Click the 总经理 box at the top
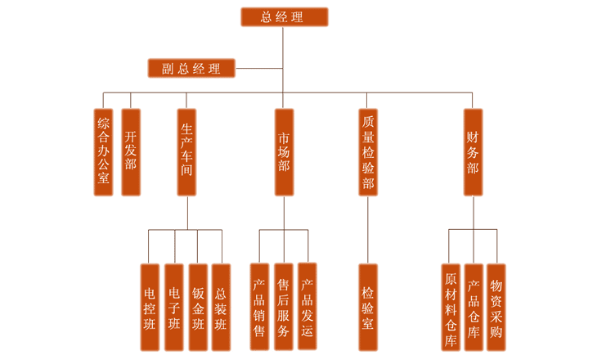click(284, 17)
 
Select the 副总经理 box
click(191, 68)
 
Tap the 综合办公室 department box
click(103, 152)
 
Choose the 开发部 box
click(131, 152)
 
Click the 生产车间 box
click(187, 152)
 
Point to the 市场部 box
click(284, 152)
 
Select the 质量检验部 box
click(368, 152)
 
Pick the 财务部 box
click(473, 152)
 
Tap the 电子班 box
click(173, 307)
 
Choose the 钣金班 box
click(197, 307)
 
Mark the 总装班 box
click(221, 307)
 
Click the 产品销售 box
click(259, 307)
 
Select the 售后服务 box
click(283, 307)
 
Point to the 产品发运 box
click(307, 306)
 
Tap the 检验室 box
click(368, 307)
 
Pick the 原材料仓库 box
click(450, 307)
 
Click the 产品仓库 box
click(473, 307)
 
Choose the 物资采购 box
click(496, 307)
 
